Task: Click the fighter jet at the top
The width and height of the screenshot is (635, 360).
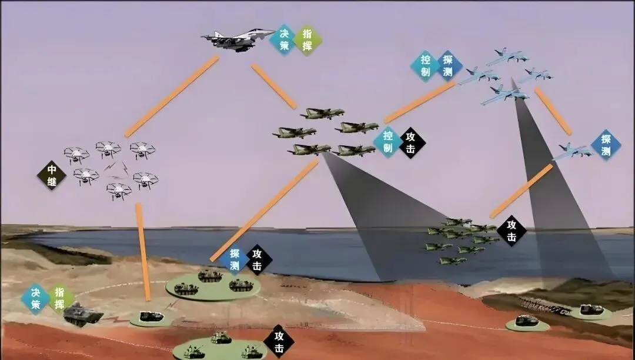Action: [236, 40]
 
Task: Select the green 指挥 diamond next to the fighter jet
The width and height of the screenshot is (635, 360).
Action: [307, 41]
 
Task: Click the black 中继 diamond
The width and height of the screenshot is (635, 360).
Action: [52, 176]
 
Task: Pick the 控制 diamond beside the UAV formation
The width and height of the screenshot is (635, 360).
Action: [425, 66]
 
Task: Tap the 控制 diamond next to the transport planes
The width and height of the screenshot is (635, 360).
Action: [387, 142]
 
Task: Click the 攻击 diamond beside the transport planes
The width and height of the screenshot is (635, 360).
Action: [410, 142]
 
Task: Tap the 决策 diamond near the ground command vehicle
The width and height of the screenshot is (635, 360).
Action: [36, 298]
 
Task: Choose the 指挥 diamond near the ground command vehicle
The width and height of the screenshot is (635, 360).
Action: [60, 298]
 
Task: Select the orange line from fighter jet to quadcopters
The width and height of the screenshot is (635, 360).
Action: [172, 96]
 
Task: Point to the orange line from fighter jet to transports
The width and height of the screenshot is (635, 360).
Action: [274, 86]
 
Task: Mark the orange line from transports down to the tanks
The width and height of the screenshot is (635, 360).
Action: [265, 210]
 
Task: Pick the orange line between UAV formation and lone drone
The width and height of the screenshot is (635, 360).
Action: [553, 111]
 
